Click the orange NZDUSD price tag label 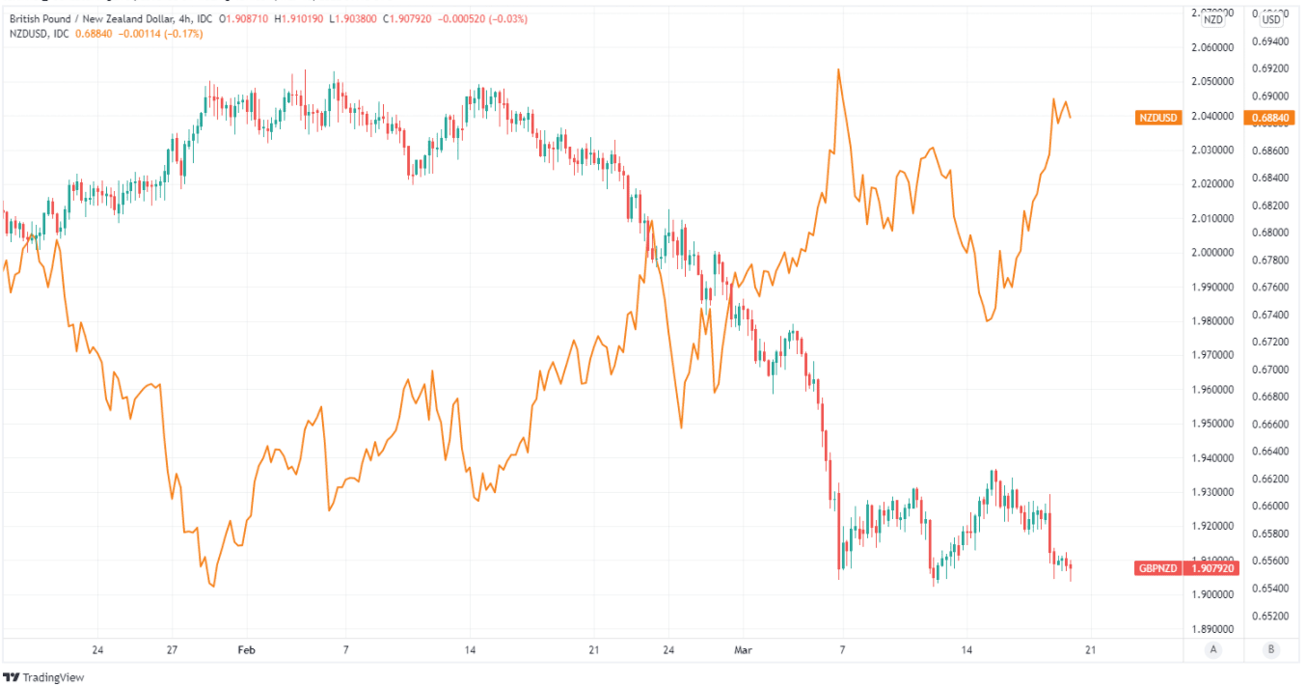(x=1158, y=118)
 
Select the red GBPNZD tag (x=1158, y=567)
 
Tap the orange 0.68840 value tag (x=1268, y=118)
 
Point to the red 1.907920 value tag (x=1211, y=567)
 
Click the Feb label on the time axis (x=248, y=650)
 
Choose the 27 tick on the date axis (x=171, y=650)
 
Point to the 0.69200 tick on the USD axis (x=1269, y=69)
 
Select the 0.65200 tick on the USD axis (x=1269, y=616)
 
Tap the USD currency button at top (x=1271, y=19)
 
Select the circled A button (x=1212, y=650)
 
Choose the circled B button (x=1271, y=650)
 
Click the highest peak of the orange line (x=838, y=69)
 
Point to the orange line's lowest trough (x=212, y=586)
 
